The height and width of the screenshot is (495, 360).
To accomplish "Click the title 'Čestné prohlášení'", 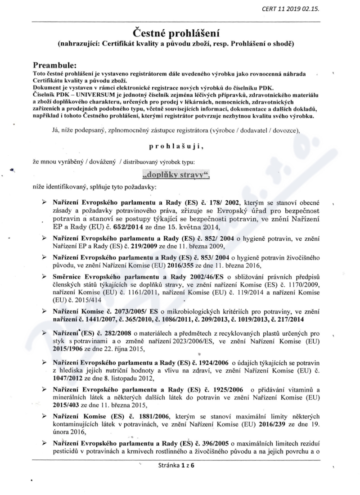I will tap(180, 33).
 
